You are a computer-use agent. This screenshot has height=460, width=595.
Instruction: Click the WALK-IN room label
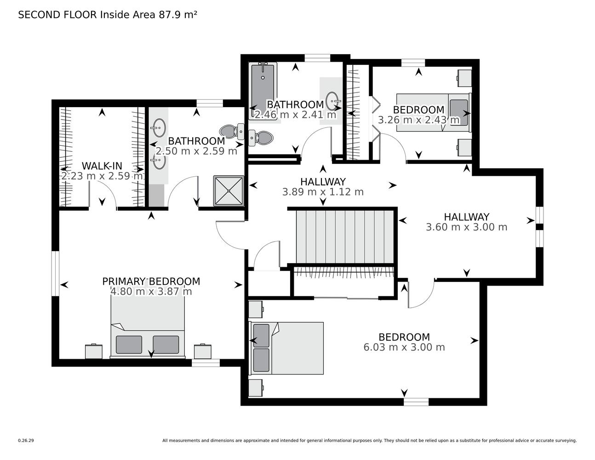pyautogui.click(x=102, y=166)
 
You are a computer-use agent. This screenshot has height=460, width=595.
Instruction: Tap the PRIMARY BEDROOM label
pyautogui.click(x=151, y=282)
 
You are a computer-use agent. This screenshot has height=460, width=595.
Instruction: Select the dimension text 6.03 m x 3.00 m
pyautogui.click(x=404, y=347)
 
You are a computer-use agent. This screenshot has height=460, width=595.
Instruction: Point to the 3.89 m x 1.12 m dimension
pyautogui.click(x=323, y=192)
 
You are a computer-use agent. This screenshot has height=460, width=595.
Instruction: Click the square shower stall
pyautogui.click(x=229, y=191)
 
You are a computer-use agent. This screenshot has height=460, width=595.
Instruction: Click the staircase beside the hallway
pyautogui.click(x=345, y=236)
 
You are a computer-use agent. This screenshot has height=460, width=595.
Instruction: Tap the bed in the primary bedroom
pyautogui.click(x=148, y=327)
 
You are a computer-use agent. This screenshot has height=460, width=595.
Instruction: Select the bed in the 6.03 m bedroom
pyautogui.click(x=286, y=348)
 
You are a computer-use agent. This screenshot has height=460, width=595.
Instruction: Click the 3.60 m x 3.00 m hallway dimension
pyautogui.click(x=467, y=227)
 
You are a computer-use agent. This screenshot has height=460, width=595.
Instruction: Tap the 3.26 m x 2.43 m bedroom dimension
pyautogui.click(x=419, y=120)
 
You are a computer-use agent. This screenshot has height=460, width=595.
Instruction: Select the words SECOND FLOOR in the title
pyautogui.click(x=57, y=15)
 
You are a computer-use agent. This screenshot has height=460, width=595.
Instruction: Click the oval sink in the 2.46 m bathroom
pyautogui.click(x=332, y=101)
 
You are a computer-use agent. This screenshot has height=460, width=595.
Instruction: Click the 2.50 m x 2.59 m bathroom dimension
pyautogui.click(x=196, y=151)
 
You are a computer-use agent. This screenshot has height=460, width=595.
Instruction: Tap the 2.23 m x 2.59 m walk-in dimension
pyautogui.click(x=102, y=176)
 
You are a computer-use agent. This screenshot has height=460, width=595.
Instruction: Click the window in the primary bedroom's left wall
pyautogui.click(x=56, y=274)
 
